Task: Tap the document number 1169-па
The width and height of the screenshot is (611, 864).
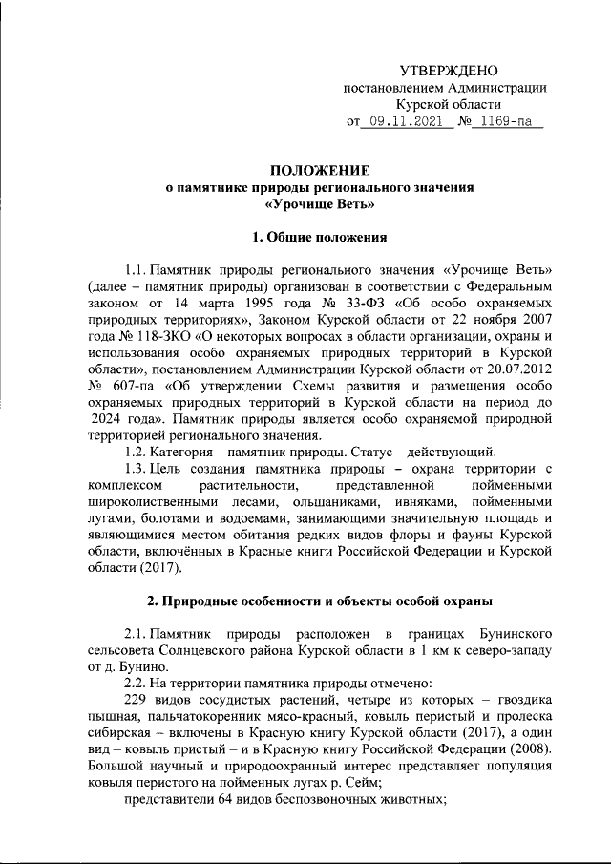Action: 506,122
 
